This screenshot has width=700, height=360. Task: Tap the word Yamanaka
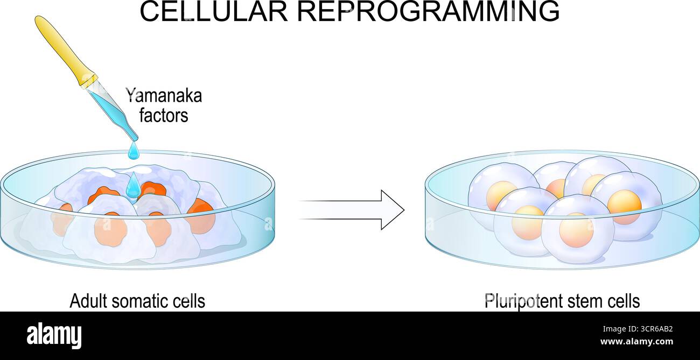pos(164,96)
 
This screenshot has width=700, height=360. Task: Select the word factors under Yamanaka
pos(164,115)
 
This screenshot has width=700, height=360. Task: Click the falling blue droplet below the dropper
pos(134,151)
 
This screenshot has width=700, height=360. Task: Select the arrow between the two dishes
pos(352,209)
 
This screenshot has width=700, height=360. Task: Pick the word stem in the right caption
pos(584,301)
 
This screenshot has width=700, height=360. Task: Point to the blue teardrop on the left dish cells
pos(133,187)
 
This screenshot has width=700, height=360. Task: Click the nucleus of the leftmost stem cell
pos(500,194)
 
